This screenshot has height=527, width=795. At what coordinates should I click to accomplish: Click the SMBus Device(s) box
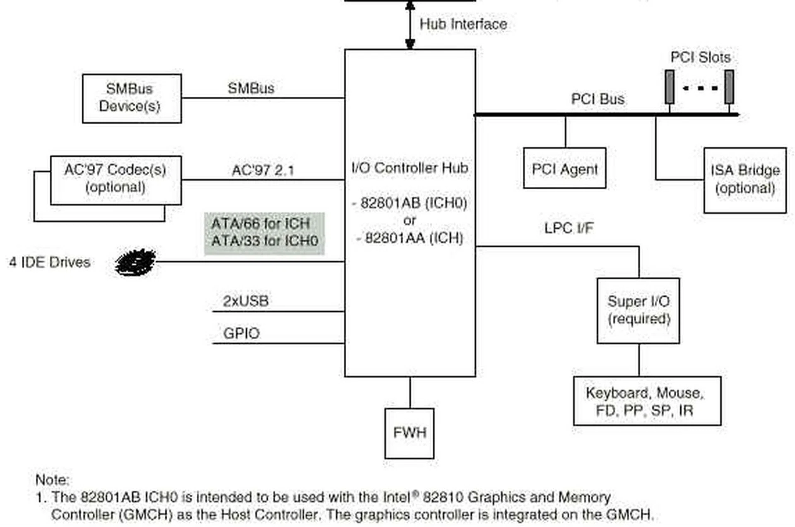pyautogui.click(x=132, y=98)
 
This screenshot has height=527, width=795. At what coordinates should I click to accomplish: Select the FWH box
pyautogui.click(x=409, y=433)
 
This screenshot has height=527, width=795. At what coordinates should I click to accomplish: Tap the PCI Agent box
pyautogui.click(x=564, y=168)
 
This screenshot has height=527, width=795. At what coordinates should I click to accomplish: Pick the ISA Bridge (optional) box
pyautogui.click(x=744, y=180)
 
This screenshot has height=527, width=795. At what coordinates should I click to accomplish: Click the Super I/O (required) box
pyautogui.click(x=638, y=310)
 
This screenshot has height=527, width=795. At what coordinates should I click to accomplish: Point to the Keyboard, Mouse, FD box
pyautogui.click(x=647, y=401)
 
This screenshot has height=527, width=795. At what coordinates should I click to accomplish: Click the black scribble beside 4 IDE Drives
pyautogui.click(x=135, y=262)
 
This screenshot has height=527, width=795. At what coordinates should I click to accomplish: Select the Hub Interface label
pyautogui.click(x=463, y=24)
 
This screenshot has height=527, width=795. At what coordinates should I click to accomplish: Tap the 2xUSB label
pyautogui.click(x=246, y=301)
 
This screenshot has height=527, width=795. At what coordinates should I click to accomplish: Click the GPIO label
pyautogui.click(x=241, y=333)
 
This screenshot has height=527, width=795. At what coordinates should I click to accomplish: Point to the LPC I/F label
pyautogui.click(x=569, y=228)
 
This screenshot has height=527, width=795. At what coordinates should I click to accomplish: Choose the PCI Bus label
pyautogui.click(x=597, y=99)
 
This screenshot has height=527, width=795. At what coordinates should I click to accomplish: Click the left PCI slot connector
pyautogui.click(x=669, y=87)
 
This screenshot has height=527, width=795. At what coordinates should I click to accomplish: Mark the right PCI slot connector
pyautogui.click(x=729, y=87)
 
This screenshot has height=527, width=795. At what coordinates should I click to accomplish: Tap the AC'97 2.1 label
pyautogui.click(x=263, y=170)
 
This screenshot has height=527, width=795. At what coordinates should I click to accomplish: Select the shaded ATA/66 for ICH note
pyautogui.click(x=264, y=233)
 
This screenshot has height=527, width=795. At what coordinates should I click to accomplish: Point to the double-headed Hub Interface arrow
pyautogui.click(x=410, y=25)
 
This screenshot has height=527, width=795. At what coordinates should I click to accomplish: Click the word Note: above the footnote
pyautogui.click(x=52, y=480)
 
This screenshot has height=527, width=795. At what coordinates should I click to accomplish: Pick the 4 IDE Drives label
pyautogui.click(x=50, y=262)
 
